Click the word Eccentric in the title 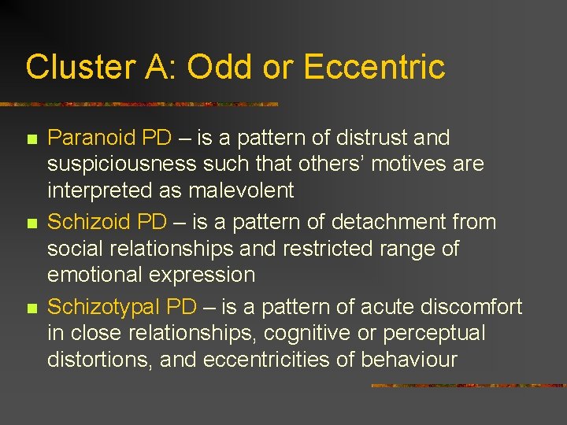pyautogui.click(x=374, y=67)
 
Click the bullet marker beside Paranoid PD pyautogui.click(x=31, y=139)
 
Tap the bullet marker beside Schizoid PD pyautogui.click(x=31, y=224)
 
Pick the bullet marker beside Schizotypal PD pyautogui.click(x=31, y=308)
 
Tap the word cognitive pyautogui.click(x=308, y=333)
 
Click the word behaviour pyautogui.click(x=409, y=360)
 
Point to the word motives pyautogui.click(x=406, y=164)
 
